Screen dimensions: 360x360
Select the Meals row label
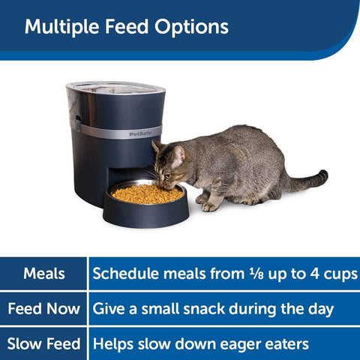(44, 274)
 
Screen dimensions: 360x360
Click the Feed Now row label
(44, 309)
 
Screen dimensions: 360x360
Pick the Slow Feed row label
(44, 344)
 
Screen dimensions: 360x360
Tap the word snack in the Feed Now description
(197, 309)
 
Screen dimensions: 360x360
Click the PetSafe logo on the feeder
(140, 134)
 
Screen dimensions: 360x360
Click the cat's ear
(178, 154)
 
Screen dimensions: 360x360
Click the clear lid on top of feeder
(116, 88)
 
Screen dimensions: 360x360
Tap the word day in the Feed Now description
(318, 309)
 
